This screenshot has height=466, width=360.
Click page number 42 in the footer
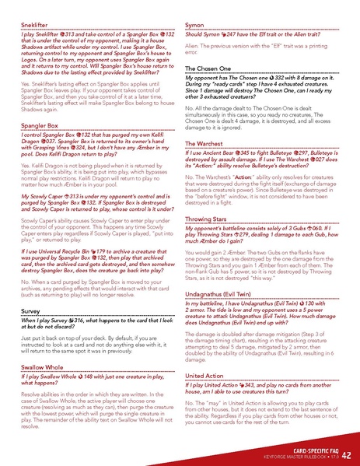click(x=346, y=454)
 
